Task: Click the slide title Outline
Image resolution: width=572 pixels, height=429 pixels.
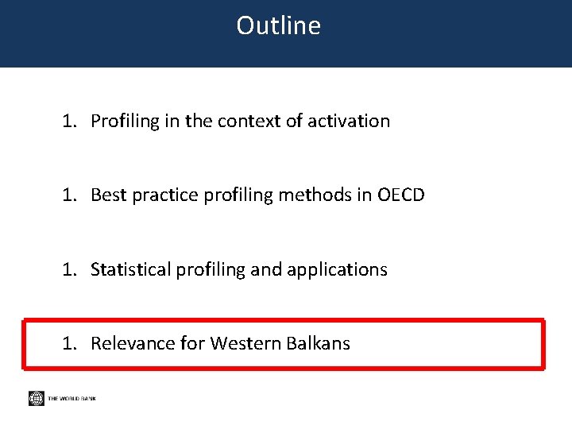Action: tap(278, 25)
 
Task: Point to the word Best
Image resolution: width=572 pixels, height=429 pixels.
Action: tap(107, 195)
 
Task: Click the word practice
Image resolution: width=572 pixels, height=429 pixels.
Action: tap(161, 195)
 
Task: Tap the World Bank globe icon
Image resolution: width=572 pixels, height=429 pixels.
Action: tap(36, 398)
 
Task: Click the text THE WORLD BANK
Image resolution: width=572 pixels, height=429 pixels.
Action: tap(71, 399)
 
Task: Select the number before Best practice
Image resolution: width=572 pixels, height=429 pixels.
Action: tap(70, 195)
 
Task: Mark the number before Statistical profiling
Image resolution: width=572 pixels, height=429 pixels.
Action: tap(70, 269)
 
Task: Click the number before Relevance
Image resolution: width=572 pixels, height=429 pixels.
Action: tap(70, 343)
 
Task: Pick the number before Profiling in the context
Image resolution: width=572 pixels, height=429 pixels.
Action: tap(70, 121)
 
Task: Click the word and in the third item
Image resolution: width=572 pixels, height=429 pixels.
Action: tap(260, 269)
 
